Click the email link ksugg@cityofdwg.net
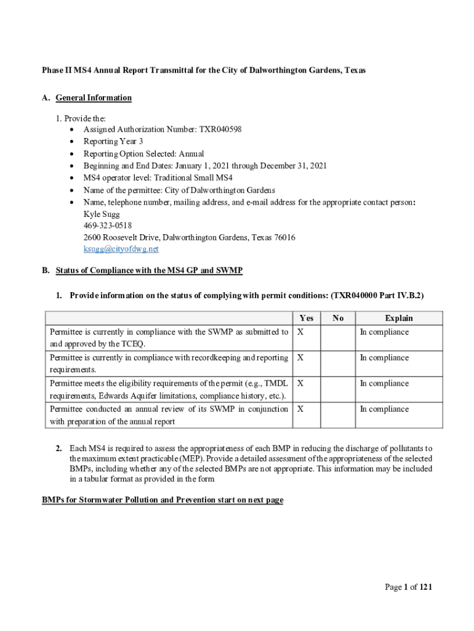(121, 249)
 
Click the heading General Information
(93, 97)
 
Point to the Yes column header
(306, 319)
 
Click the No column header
(338, 319)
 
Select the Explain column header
(398, 319)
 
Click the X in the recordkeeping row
(300, 357)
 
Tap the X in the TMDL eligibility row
(300, 383)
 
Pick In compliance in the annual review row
(384, 409)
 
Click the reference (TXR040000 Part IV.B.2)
(377, 296)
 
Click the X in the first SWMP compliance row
(300, 332)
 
